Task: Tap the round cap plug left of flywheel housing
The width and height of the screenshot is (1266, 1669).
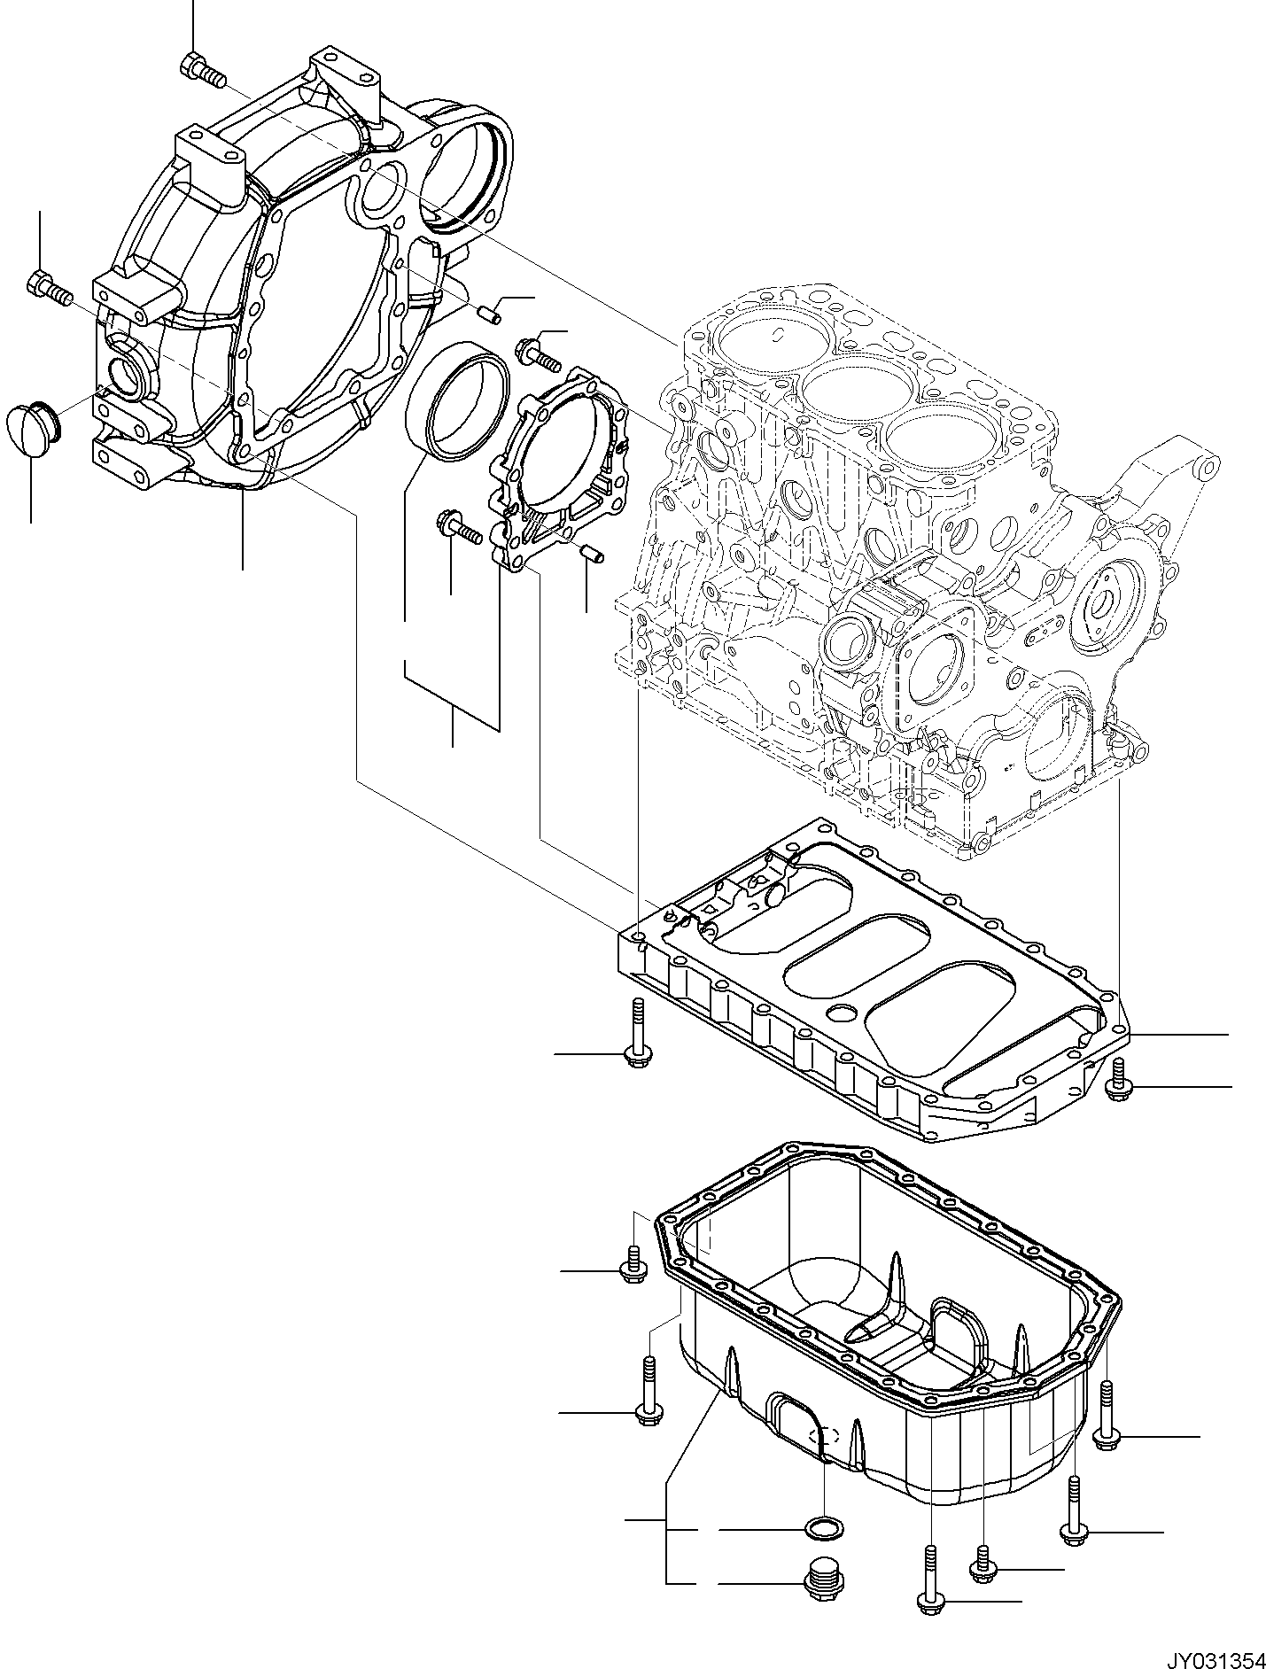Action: pyautogui.click(x=32, y=430)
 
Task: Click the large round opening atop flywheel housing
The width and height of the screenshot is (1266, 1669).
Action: pyautogui.click(x=462, y=164)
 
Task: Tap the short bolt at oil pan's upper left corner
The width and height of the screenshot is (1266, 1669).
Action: pyautogui.click(x=634, y=1264)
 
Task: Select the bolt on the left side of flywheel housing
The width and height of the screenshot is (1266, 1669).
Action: pyautogui.click(x=49, y=288)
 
